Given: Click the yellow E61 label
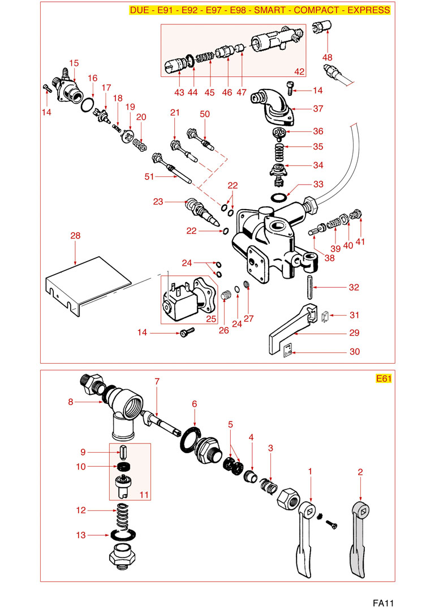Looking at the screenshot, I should pyautogui.click(x=384, y=379).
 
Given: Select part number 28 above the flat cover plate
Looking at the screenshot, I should pyautogui.click(x=76, y=235).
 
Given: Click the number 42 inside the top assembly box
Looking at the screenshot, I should pyautogui.click(x=299, y=71).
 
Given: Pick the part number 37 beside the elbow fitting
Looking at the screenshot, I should pyautogui.click(x=318, y=109).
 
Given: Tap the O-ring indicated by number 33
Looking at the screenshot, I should pyautogui.click(x=279, y=197).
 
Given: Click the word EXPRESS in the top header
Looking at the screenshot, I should pyautogui.click(x=368, y=10).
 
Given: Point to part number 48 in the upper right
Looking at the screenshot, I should pyautogui.click(x=328, y=57).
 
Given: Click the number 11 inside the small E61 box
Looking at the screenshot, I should pyautogui.click(x=144, y=495).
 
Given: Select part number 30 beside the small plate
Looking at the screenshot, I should pyautogui.click(x=354, y=352).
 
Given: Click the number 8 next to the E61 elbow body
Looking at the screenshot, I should pyautogui.click(x=71, y=402).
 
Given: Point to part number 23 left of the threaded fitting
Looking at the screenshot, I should pyautogui.click(x=158, y=202).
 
